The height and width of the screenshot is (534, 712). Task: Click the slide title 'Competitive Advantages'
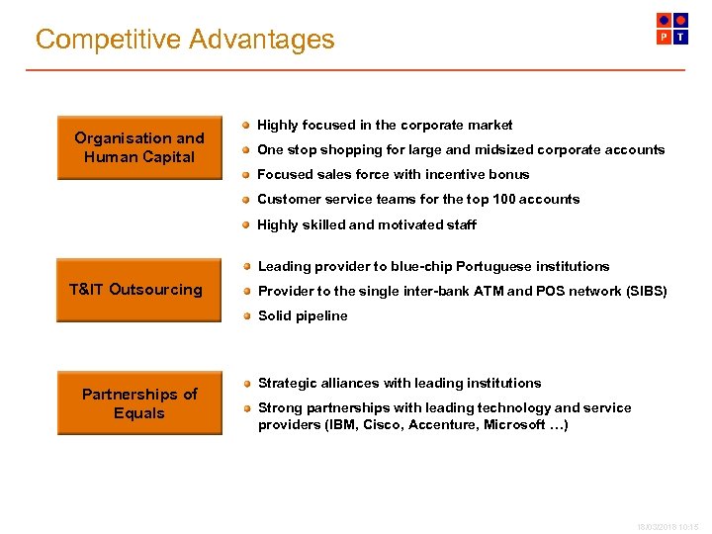pos(185,40)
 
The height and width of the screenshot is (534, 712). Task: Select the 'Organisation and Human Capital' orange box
pos(139,147)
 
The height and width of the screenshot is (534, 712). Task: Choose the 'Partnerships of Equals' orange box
pos(139,403)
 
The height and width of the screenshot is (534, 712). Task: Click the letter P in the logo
pos(665,38)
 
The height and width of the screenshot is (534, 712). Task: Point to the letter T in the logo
pos(680,38)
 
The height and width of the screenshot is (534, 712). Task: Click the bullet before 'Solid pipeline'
pos(245,316)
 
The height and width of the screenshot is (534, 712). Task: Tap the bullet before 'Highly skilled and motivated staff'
pos(245,224)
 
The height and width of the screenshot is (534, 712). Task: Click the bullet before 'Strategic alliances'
pos(245,384)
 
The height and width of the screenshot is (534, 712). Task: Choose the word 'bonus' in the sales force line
pos(509,175)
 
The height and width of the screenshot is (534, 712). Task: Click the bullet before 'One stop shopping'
pos(245,150)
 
